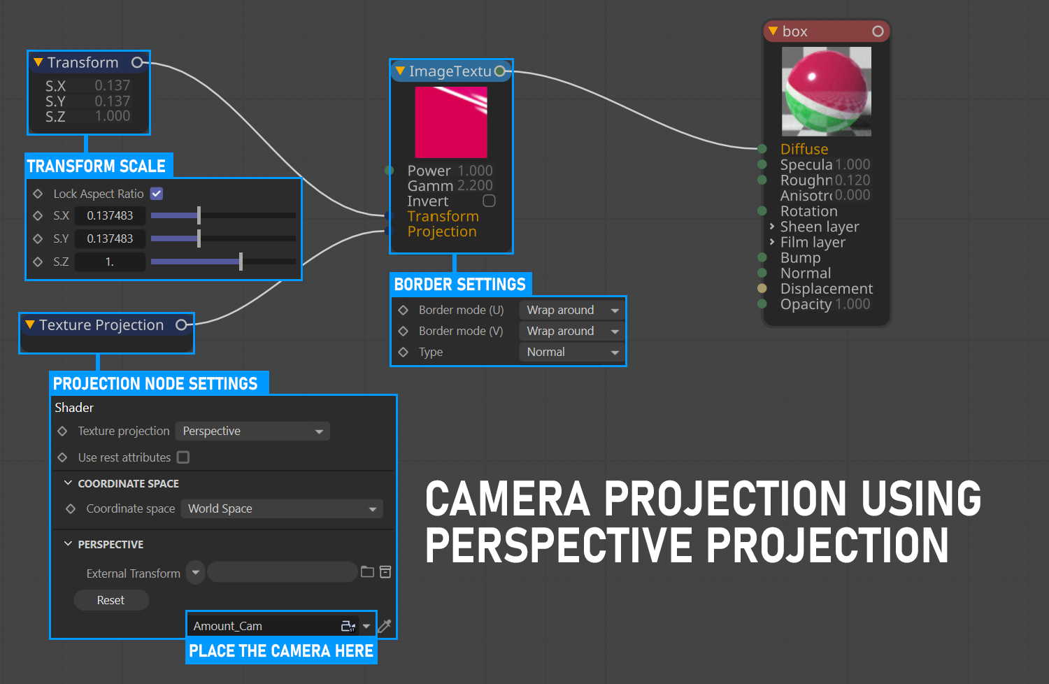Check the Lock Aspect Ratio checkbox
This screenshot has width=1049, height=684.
click(x=157, y=194)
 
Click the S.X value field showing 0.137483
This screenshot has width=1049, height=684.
click(x=110, y=215)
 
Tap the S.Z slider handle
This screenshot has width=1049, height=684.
click(x=241, y=262)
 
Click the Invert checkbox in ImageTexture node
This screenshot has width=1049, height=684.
click(x=489, y=201)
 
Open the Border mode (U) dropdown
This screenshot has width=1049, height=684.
click(x=571, y=310)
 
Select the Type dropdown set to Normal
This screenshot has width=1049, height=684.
click(x=571, y=352)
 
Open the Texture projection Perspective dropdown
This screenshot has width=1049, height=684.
click(x=252, y=431)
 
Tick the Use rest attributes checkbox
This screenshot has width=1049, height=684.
click(x=183, y=457)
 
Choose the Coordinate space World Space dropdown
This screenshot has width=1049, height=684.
click(x=281, y=508)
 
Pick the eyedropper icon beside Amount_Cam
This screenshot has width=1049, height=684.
click(x=385, y=626)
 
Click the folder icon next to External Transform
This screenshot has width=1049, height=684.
click(x=367, y=572)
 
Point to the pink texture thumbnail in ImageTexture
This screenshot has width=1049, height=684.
click(x=451, y=122)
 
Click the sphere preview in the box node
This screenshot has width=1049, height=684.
click(x=827, y=92)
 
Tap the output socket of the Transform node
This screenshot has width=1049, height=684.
click(x=137, y=62)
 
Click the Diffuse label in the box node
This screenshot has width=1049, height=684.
click(x=804, y=149)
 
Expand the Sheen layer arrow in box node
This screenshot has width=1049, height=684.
click(x=772, y=227)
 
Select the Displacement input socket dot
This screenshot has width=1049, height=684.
click(x=762, y=288)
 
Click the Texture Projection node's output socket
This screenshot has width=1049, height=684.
click(x=181, y=325)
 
